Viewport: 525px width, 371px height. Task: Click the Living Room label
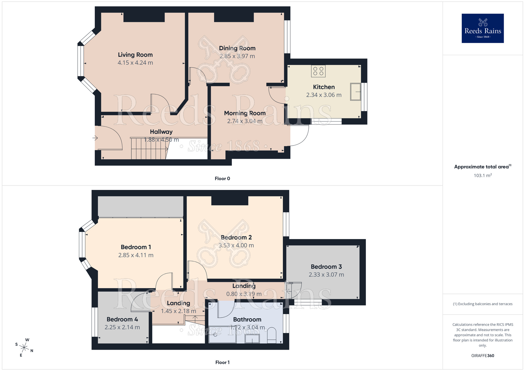click(x=135, y=55)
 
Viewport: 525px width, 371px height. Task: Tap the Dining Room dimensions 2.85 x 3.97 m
click(x=237, y=56)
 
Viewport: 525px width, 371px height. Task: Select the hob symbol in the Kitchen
click(x=318, y=71)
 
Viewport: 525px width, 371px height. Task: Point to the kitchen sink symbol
click(x=356, y=92)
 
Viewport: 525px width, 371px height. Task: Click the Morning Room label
click(x=245, y=113)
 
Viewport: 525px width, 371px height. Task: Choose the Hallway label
click(x=161, y=132)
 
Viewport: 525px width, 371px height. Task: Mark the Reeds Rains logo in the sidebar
click(x=482, y=28)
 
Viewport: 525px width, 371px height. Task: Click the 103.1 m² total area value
click(x=482, y=176)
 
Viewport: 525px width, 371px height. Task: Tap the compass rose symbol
click(x=24, y=348)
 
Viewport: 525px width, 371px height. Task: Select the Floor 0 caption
click(x=222, y=179)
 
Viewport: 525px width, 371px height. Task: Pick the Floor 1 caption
click(x=222, y=362)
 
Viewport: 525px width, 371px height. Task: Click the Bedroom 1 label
click(x=136, y=247)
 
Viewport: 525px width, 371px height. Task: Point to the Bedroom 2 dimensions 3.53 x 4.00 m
click(x=236, y=246)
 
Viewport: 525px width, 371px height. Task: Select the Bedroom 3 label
click(x=326, y=267)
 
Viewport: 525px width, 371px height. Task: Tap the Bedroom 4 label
click(x=122, y=319)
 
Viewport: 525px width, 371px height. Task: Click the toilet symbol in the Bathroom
click(x=272, y=336)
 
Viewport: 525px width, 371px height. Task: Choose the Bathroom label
click(x=247, y=320)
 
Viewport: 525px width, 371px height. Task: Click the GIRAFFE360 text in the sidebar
click(x=482, y=356)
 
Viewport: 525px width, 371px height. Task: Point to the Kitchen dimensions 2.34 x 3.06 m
click(x=324, y=95)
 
